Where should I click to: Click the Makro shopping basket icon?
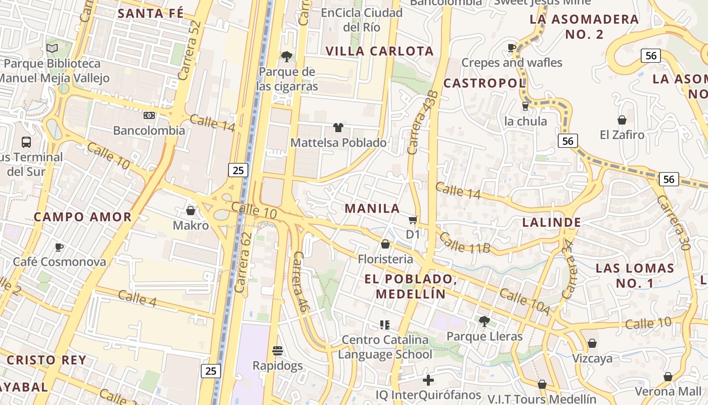tap(191, 211)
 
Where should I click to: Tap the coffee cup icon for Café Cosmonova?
tap(59, 247)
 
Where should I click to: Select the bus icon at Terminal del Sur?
tap(26, 142)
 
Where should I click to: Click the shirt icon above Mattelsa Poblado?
tap(338, 128)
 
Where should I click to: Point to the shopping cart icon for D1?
tap(413, 220)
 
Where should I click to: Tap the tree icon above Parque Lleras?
tap(484, 321)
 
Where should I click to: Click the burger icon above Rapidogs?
tap(277, 350)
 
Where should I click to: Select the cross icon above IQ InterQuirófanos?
tap(428, 380)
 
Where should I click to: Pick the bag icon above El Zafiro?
tap(622, 120)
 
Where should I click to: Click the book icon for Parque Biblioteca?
tap(52, 49)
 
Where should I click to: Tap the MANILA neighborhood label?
tap(372, 208)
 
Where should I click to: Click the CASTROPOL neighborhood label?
tap(484, 83)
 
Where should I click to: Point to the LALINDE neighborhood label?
tap(551, 222)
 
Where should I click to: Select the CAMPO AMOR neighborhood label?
tap(82, 217)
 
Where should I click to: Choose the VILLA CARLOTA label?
tap(379, 51)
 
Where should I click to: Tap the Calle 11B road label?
tap(465, 242)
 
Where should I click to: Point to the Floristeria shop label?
tap(385, 259)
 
